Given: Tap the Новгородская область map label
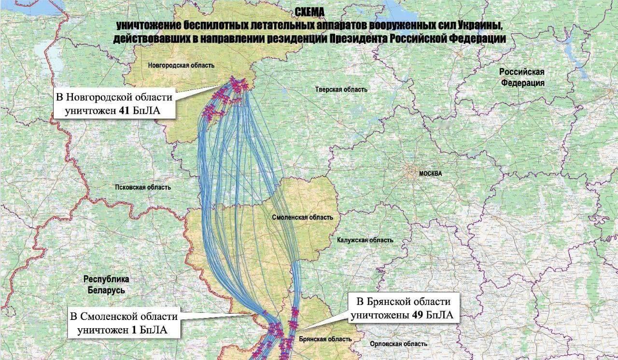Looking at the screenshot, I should tap(181, 65).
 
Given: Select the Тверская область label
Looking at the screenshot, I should tap(341, 89).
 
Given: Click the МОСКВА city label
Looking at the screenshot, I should tap(431, 174).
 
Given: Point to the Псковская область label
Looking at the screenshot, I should tap(143, 187).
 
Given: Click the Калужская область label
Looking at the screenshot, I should tap(365, 240).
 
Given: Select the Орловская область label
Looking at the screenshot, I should tap(398, 344).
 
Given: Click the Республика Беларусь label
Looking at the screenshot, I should tap(106, 285).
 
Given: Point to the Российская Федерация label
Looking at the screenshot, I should tap(522, 77).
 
